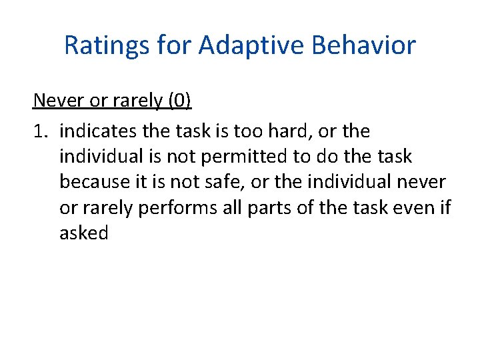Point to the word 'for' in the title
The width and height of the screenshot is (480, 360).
coord(170,45)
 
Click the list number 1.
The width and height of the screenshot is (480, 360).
coord(39,131)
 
